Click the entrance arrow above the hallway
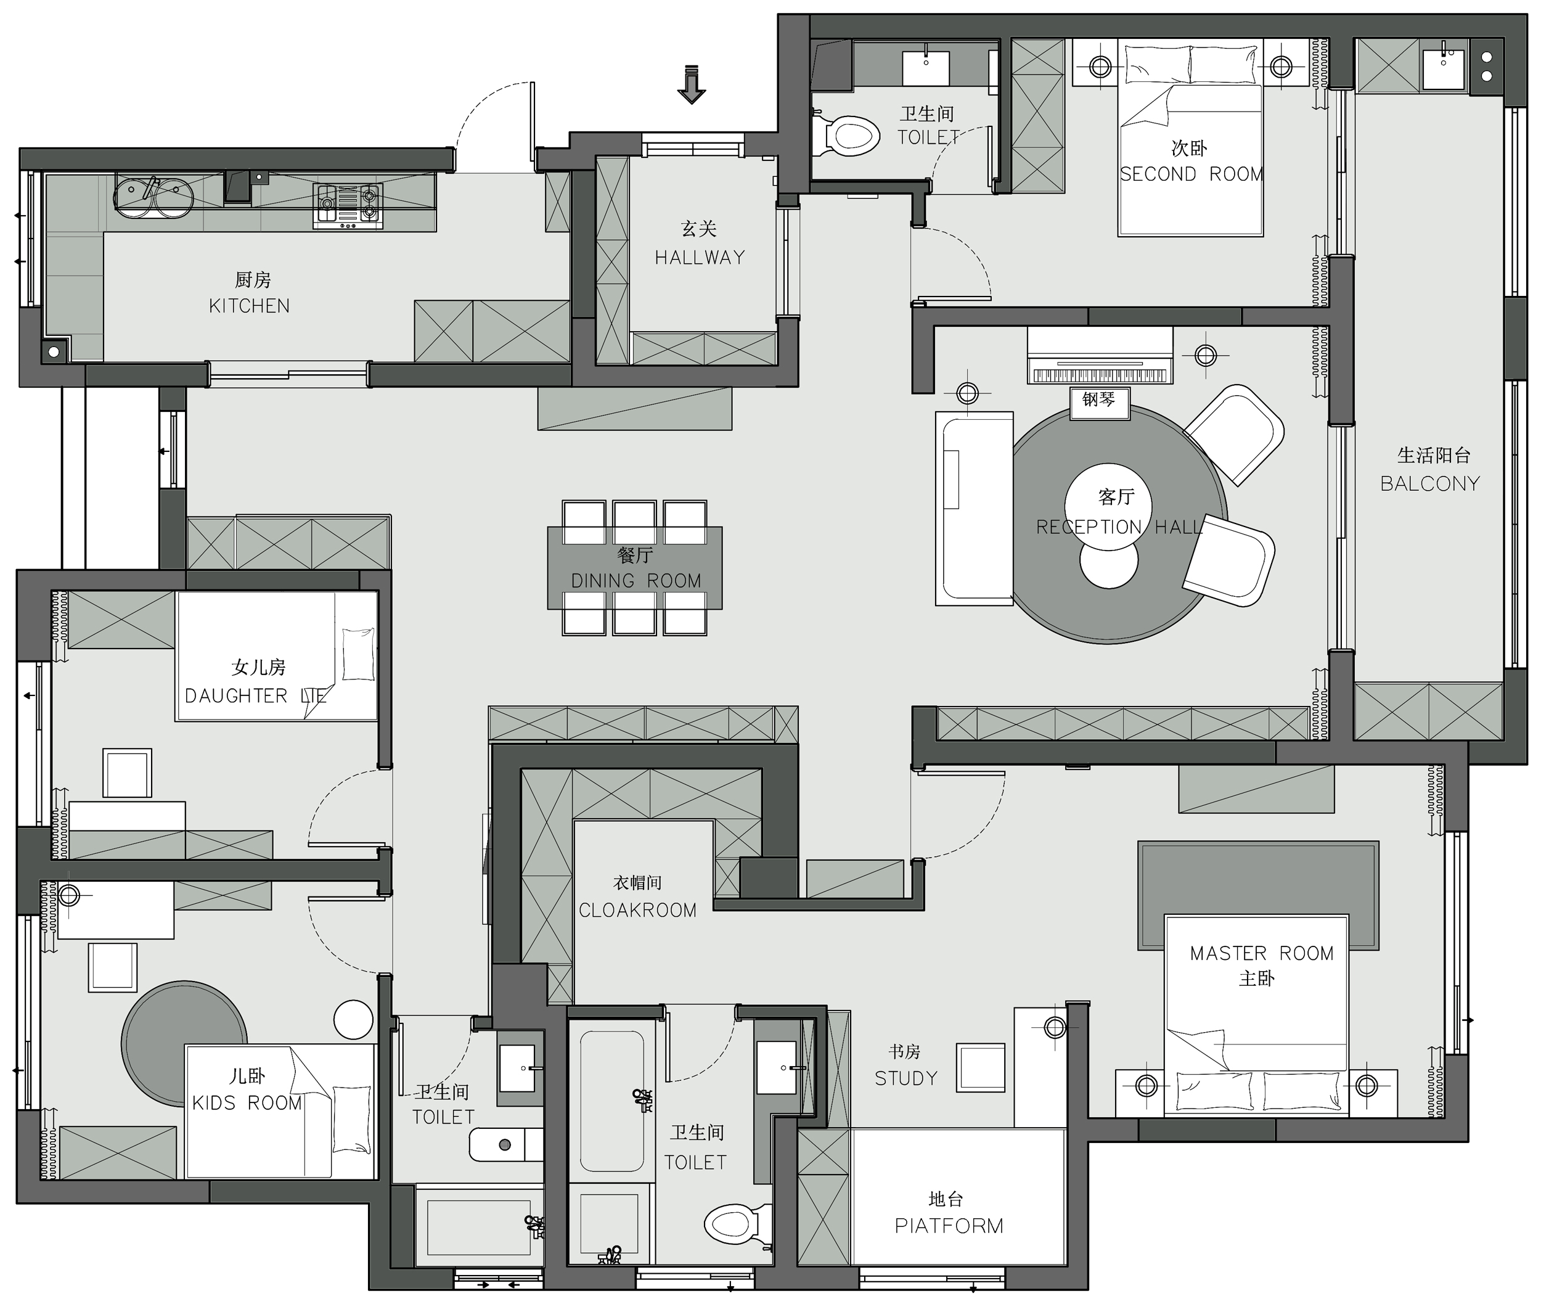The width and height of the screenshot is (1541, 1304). pyautogui.click(x=691, y=84)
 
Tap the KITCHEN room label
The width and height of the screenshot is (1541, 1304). pyautogui.click(x=249, y=306)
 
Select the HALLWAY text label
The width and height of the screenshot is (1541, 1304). pyautogui.click(x=699, y=257)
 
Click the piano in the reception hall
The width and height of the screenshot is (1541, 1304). pyautogui.click(x=1100, y=356)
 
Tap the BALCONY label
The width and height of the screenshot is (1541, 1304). pyautogui.click(x=1429, y=483)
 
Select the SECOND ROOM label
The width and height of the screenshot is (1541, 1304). pyautogui.click(x=1191, y=174)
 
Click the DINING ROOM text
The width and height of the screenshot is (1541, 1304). pyautogui.click(x=636, y=581)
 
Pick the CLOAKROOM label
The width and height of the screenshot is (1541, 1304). pyautogui.click(x=637, y=910)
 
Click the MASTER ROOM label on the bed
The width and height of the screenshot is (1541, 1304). pyautogui.click(x=1262, y=954)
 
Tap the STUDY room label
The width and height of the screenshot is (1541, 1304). pyautogui.click(x=906, y=1078)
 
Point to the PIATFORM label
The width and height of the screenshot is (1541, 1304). pyautogui.click(x=949, y=1226)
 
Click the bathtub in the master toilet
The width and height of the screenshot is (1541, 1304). pyautogui.click(x=612, y=1101)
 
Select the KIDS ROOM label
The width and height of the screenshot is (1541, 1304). pyautogui.click(x=247, y=1103)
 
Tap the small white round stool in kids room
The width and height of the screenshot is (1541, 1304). pyautogui.click(x=353, y=1019)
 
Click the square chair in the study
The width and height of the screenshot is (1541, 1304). pyautogui.click(x=981, y=1067)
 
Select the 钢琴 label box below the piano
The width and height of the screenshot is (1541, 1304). pyautogui.click(x=1099, y=402)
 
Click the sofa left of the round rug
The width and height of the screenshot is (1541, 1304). pyautogui.click(x=974, y=509)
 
